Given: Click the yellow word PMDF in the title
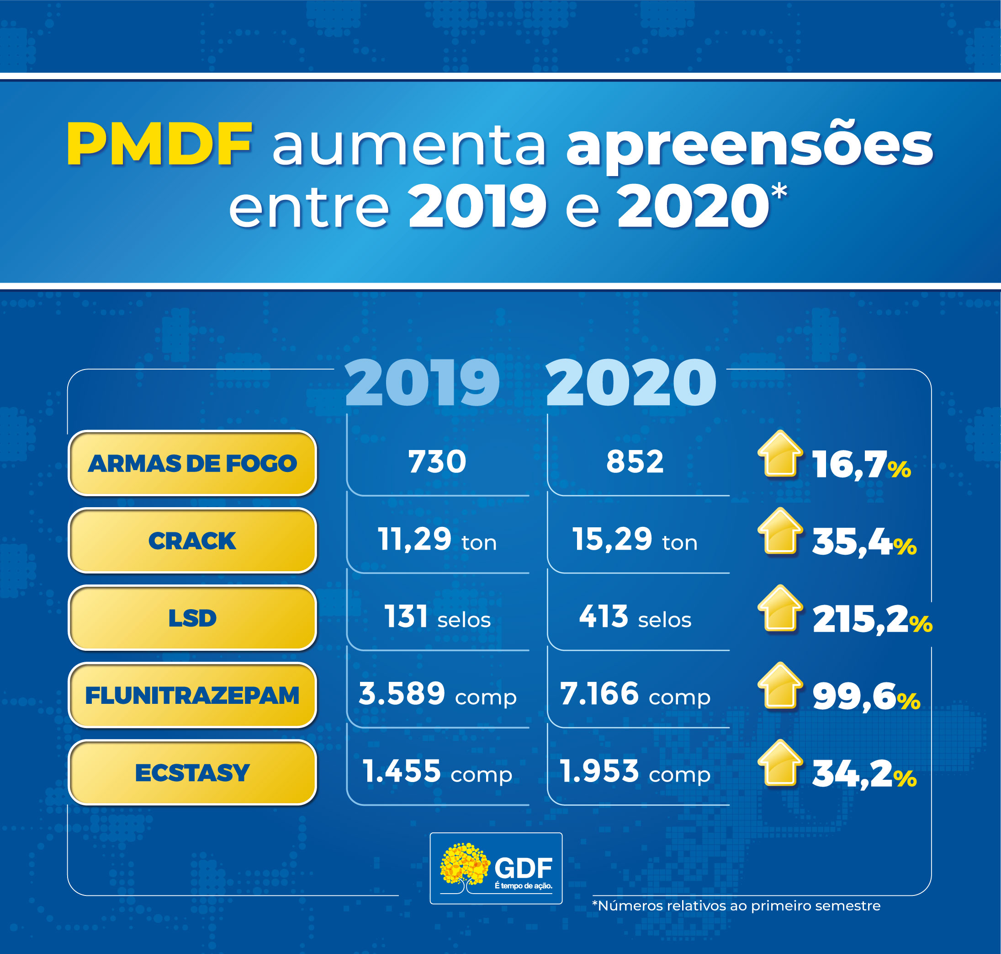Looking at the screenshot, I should tap(159, 145).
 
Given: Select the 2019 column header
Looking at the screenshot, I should tap(422, 383).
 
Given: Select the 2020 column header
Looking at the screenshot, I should tap(631, 383).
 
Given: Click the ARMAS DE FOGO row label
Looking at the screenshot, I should tap(192, 463).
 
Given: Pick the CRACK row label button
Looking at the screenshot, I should tap(192, 541).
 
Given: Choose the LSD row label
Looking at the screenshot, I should tap(192, 618).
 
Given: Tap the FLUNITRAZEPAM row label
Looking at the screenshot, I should tap(192, 695).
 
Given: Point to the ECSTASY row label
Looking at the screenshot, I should tap(192, 772).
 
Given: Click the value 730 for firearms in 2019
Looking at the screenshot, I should tap(437, 462).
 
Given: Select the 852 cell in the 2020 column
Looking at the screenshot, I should tap(635, 462).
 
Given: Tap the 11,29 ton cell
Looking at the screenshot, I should tap(437, 540).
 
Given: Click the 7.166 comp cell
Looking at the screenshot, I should tap(635, 694).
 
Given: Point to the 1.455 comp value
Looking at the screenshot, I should tap(437, 772).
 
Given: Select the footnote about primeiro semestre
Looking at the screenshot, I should tap(736, 906).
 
